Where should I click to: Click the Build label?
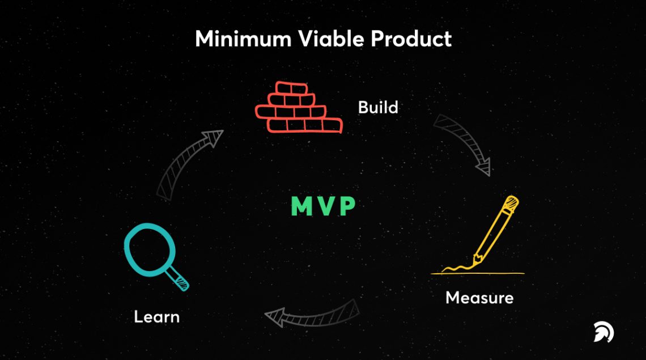378,107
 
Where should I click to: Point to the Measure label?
479,298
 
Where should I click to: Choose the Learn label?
157,316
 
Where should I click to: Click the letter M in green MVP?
301,207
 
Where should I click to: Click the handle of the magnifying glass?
180,279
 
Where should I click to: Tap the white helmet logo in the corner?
603,332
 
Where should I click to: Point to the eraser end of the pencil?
512,201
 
